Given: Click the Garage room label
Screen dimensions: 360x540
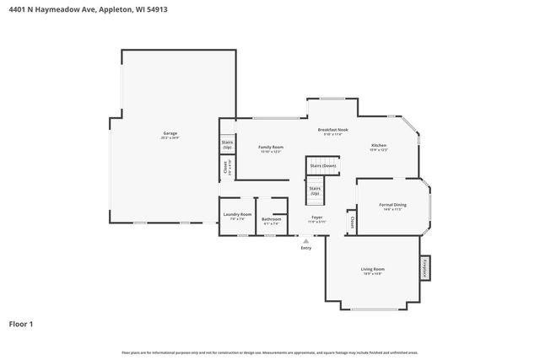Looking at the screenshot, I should pos(170,133).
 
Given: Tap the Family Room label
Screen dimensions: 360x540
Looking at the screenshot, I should pos(270,147).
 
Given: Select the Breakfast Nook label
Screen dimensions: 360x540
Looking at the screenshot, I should pos(332,129).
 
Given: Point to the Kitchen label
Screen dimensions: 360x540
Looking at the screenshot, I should pos(379,146).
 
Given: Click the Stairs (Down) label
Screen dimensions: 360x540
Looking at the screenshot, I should pos(322,166).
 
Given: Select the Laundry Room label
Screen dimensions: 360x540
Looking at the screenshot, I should pos(237,215).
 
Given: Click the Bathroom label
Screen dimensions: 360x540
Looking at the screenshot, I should pos(271,218).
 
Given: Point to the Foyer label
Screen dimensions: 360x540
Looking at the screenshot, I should pos(317,218).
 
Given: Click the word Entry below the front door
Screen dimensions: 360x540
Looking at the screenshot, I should pos(305,248).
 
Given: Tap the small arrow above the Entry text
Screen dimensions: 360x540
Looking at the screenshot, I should pos(305,240).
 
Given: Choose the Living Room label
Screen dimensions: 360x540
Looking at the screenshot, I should pos(373,269).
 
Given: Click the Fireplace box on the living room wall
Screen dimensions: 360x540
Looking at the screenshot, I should pos(424,267).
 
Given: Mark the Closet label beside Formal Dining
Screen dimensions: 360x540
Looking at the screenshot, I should pos(352,222).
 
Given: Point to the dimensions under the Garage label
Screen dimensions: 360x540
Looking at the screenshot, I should pos(170,138).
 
